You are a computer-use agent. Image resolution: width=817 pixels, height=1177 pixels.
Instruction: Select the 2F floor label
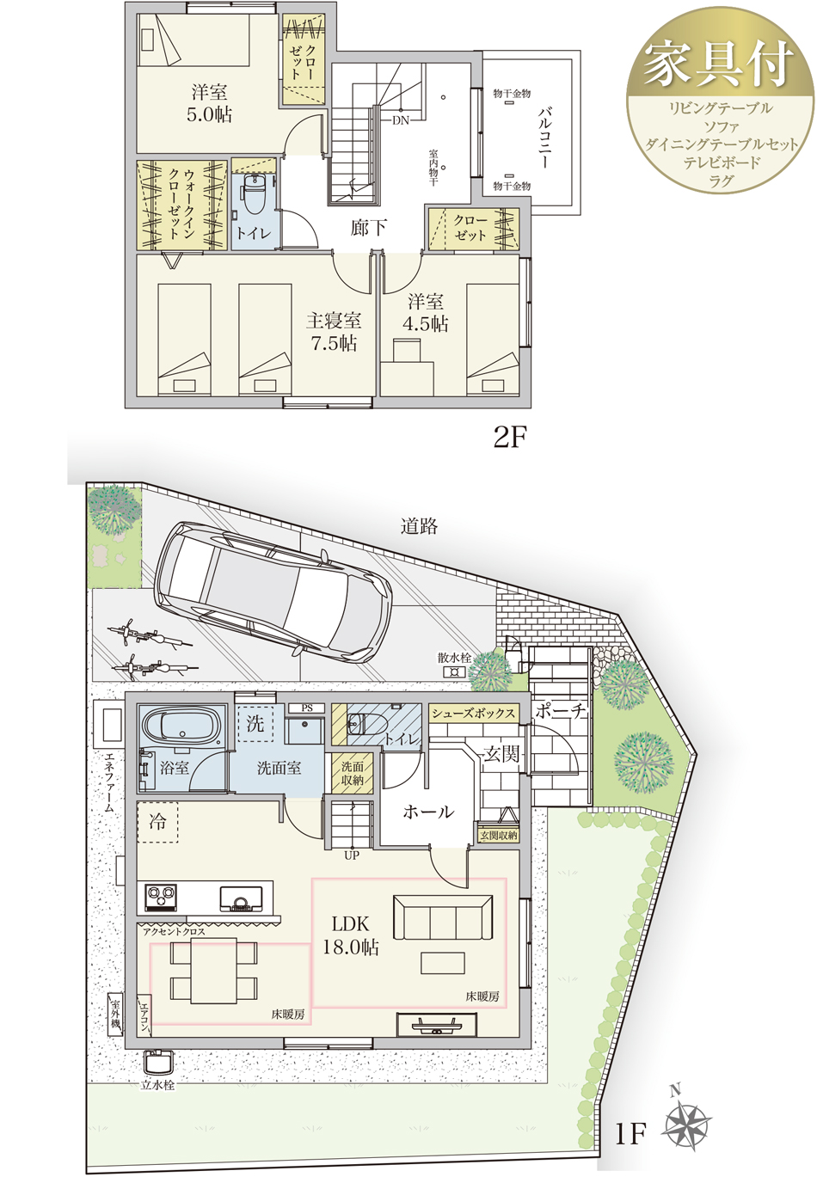510,438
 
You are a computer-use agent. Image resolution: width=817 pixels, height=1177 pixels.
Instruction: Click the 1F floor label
630,1133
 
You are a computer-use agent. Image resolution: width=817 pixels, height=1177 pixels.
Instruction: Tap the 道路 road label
419,526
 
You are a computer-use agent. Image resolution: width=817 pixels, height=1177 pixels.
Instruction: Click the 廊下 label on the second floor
369,228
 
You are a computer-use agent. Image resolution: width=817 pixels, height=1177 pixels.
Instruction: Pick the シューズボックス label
473,713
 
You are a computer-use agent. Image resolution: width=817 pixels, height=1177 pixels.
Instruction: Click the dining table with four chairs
213,971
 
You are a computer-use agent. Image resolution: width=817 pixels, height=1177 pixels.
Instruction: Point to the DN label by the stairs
401,120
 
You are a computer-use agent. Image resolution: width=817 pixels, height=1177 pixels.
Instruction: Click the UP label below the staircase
352,855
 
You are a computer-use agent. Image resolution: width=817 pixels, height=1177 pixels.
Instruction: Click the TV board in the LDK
437,1025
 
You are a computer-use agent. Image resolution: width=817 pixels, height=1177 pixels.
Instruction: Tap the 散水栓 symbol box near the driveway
454,671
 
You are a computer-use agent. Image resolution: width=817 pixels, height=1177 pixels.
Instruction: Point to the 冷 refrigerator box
157,822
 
